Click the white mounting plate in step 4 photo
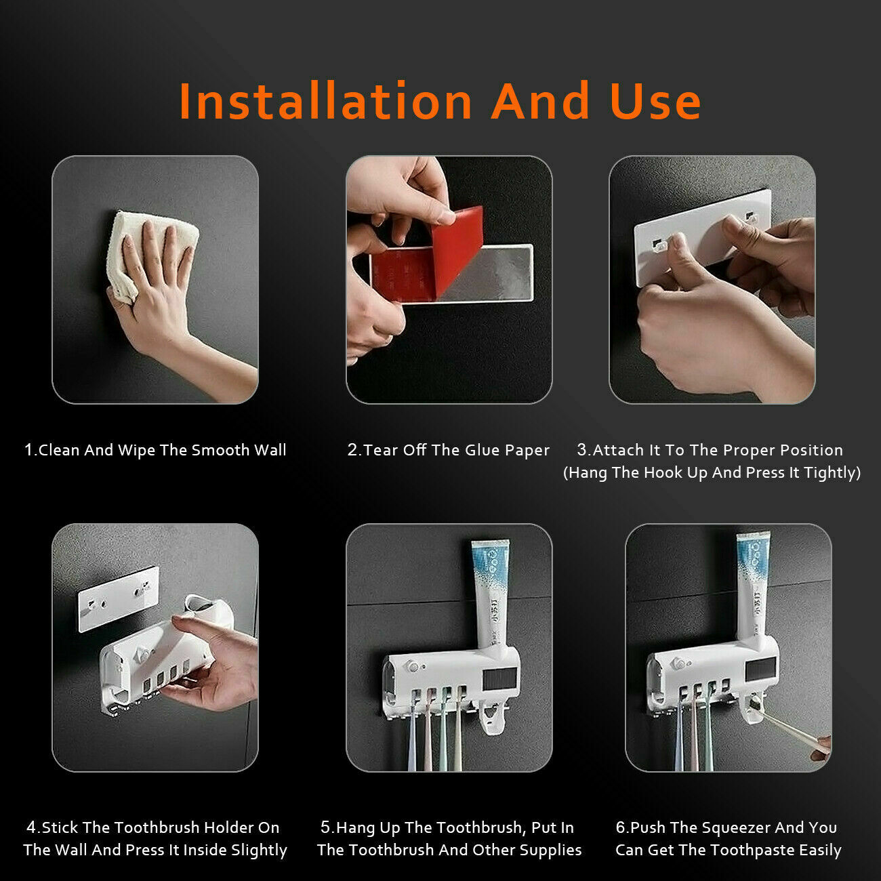click(119, 598)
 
